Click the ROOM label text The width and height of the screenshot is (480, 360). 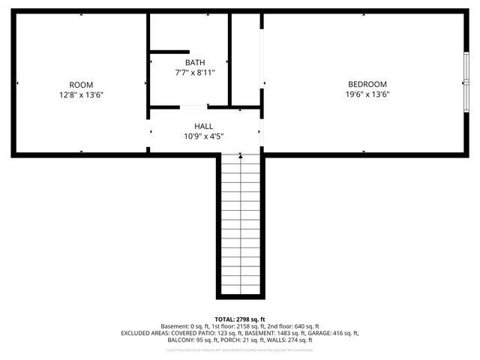tap(81, 85)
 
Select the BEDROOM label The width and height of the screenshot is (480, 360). tap(367, 84)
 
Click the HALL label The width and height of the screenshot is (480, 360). tap(204, 127)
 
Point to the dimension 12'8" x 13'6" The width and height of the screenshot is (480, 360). tap(81, 95)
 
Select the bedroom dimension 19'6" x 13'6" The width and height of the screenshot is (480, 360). tap(367, 94)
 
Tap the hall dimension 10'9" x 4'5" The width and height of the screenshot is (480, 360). tap(204, 136)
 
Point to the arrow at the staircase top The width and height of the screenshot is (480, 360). tap(241, 156)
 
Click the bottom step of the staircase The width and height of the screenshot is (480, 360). tap(241, 289)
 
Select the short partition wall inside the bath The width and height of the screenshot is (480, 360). tap(169, 52)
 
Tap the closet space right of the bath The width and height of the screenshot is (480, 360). tap(245, 60)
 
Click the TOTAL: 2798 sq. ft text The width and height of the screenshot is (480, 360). tap(240, 319)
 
